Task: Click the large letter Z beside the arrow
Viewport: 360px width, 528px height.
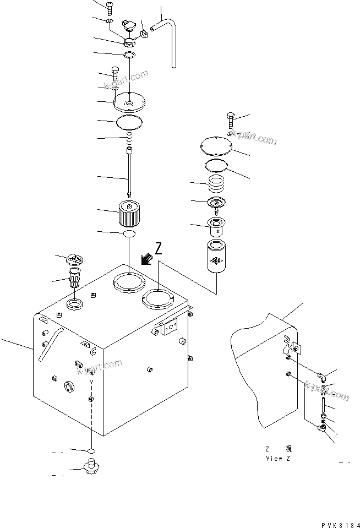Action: tap(159, 249)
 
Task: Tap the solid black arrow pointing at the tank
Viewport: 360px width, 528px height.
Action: tap(146, 259)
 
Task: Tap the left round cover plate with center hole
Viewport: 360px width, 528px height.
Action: tap(128, 102)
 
